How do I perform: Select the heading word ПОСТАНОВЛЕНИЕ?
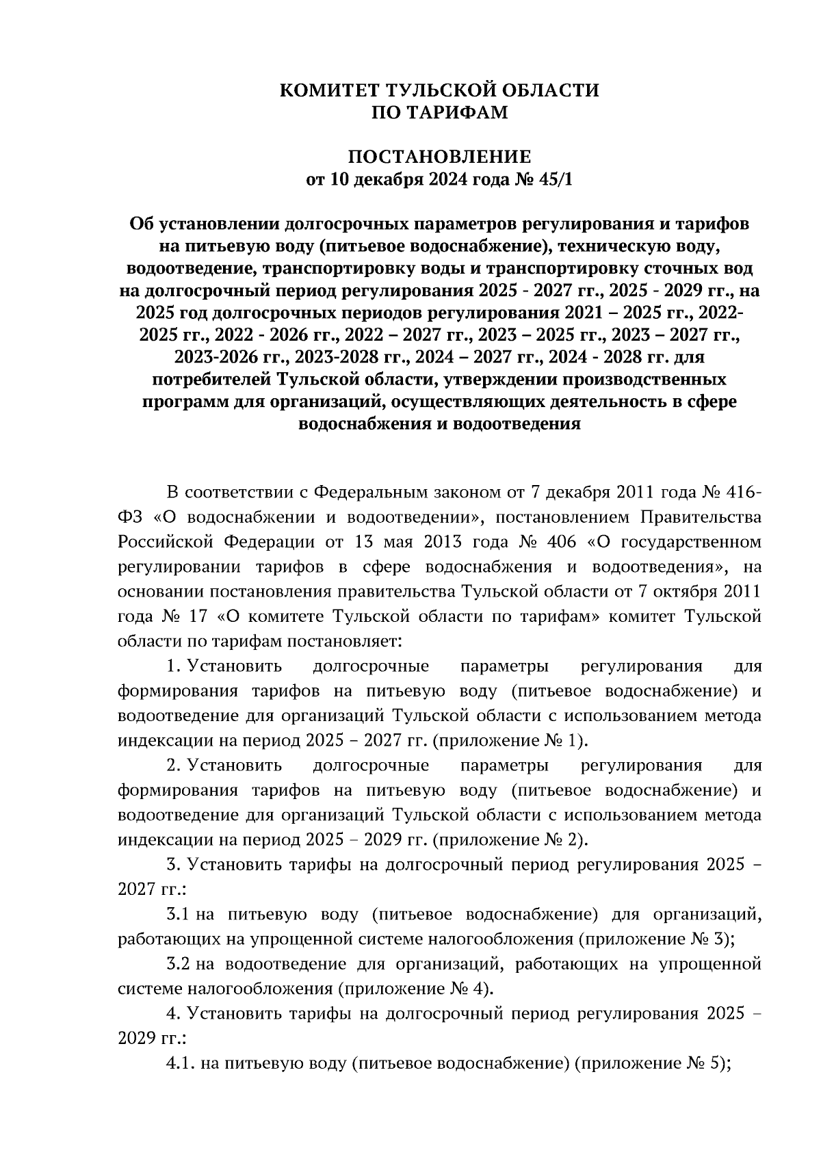click(439, 157)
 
